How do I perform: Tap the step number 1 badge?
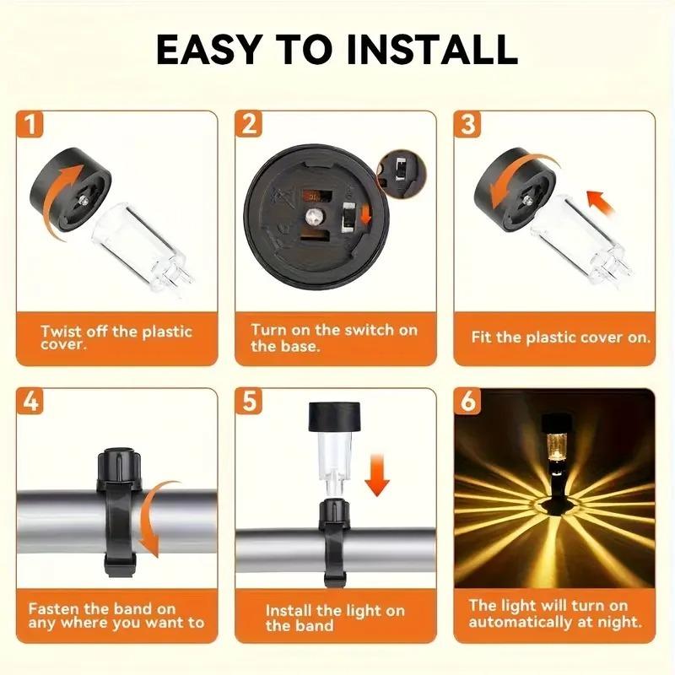[x=31, y=125]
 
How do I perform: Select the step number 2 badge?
[x=249, y=125]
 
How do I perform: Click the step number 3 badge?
[x=468, y=125]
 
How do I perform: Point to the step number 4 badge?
[x=31, y=402]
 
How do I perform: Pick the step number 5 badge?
[x=249, y=402]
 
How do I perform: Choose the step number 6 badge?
[x=468, y=402]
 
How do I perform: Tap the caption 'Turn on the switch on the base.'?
[x=333, y=337]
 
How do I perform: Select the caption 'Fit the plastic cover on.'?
[x=560, y=337]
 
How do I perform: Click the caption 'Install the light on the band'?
[x=334, y=618]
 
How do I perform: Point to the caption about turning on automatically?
[x=554, y=614]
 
